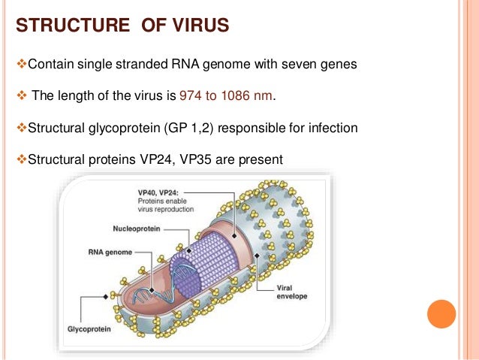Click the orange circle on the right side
(x=441, y=313)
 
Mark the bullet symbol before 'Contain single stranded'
(x=21, y=64)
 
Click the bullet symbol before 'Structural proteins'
(x=21, y=159)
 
